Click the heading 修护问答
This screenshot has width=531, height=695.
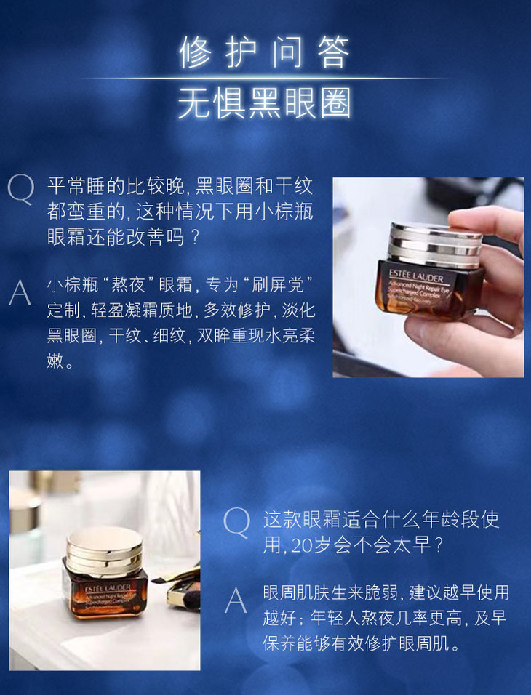click(x=264, y=52)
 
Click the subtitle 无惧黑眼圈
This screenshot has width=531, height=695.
click(x=264, y=103)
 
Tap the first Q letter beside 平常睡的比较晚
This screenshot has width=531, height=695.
click(x=20, y=189)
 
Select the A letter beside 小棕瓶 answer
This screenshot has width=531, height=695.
click(x=20, y=292)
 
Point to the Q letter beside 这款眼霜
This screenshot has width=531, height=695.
click(x=236, y=522)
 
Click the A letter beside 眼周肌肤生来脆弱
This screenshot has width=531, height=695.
click(x=236, y=600)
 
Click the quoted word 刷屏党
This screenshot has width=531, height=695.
click(x=277, y=284)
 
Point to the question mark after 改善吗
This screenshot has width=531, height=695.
click(x=194, y=237)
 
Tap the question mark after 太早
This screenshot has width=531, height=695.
click(x=439, y=545)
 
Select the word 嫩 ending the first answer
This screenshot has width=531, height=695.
click(x=55, y=361)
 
